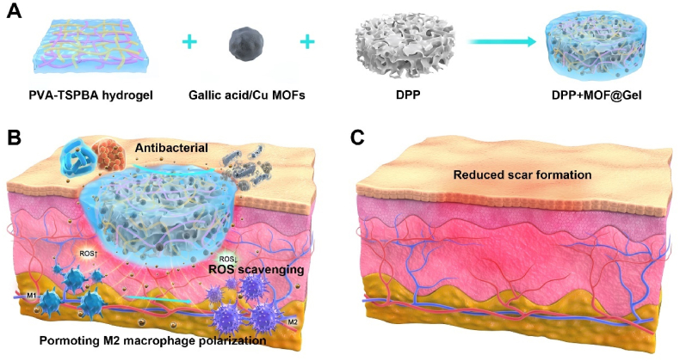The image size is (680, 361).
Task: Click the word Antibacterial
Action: [x=171, y=149]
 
